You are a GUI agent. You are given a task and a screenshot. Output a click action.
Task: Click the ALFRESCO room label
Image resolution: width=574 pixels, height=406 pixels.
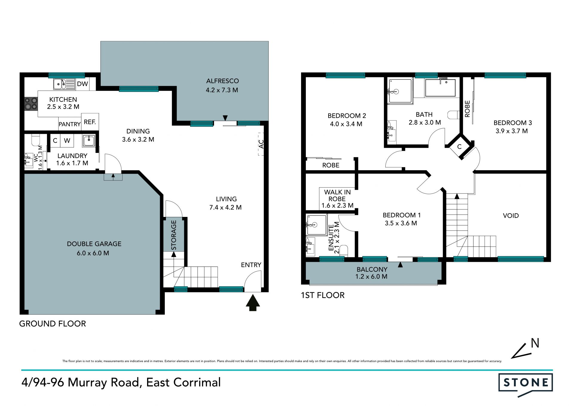click(222, 81)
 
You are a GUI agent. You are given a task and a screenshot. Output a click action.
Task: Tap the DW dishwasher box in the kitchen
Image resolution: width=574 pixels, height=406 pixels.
click(82, 84)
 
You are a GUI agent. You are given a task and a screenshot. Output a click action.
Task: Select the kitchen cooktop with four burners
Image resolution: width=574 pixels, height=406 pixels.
click(31, 104)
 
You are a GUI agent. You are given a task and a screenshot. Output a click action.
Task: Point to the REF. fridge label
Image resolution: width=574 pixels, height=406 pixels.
click(90, 122)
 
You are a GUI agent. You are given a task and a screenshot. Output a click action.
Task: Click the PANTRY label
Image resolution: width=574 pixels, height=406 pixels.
click(69, 124)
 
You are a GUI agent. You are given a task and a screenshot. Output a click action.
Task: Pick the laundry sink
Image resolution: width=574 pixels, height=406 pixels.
click(89, 141)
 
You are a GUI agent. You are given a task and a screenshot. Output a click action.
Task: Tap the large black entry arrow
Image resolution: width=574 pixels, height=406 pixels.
click(253, 302)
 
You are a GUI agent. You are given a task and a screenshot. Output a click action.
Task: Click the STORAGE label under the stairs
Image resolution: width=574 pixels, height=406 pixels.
click(174, 235)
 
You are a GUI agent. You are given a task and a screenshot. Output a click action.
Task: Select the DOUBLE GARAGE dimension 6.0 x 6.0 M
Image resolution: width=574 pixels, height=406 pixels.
click(93, 253)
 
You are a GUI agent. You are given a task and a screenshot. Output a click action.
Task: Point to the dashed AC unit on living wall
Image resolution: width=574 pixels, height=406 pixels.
click(261, 144)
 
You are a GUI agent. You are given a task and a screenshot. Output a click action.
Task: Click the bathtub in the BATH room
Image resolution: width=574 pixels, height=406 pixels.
click(440, 88)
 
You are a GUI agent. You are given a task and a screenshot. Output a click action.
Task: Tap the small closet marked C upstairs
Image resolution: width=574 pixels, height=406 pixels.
click(459, 147)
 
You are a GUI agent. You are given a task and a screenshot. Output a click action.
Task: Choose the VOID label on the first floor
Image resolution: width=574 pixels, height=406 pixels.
click(511, 215)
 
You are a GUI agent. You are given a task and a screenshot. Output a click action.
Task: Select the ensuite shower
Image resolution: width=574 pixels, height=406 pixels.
click(317, 225)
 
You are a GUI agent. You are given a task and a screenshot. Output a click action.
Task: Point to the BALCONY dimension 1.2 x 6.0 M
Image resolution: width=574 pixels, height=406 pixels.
click(371, 276)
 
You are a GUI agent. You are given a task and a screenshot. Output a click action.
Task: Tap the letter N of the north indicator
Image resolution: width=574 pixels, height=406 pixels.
click(535, 343)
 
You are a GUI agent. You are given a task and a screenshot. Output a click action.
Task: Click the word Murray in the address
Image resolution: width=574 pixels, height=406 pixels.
click(87, 383)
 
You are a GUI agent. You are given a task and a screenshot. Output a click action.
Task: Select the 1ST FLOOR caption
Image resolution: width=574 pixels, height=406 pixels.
click(323, 295)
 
